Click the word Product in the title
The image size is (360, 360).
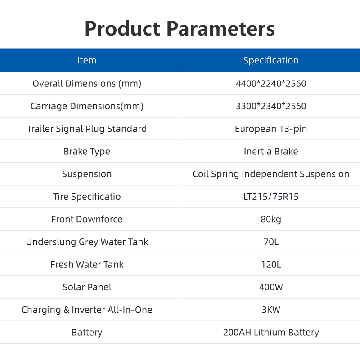pyautogui.click(x=122, y=29)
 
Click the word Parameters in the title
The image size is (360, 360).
pyautogui.click(x=220, y=29)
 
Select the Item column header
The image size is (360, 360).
pyautogui.click(x=87, y=60)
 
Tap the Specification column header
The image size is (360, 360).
pyautogui.click(x=271, y=60)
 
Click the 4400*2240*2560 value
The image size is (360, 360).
pyautogui.click(x=271, y=84)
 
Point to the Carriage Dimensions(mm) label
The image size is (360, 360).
pyautogui.click(x=87, y=106)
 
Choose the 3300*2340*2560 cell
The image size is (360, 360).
pyautogui.click(x=271, y=106)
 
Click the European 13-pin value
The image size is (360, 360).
pyautogui.click(x=271, y=129)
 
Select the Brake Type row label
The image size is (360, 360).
pyautogui.click(x=87, y=152)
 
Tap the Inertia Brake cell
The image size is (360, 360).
pyautogui.click(x=271, y=152)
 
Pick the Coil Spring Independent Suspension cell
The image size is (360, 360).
pyautogui.click(x=271, y=174)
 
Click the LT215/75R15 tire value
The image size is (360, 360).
pyautogui.click(x=271, y=197)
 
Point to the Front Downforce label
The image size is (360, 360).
pyautogui.click(x=87, y=219)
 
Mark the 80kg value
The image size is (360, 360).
pyautogui.click(x=271, y=220)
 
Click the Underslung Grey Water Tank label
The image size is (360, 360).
pyautogui.click(x=87, y=242)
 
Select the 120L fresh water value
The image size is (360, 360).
pyautogui.click(x=271, y=265)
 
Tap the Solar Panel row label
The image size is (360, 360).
pyautogui.click(x=87, y=287)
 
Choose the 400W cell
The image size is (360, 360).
pyautogui.click(x=271, y=287)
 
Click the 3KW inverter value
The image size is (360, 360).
pyautogui.click(x=271, y=310)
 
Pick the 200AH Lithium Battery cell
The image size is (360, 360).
pyautogui.click(x=271, y=333)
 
